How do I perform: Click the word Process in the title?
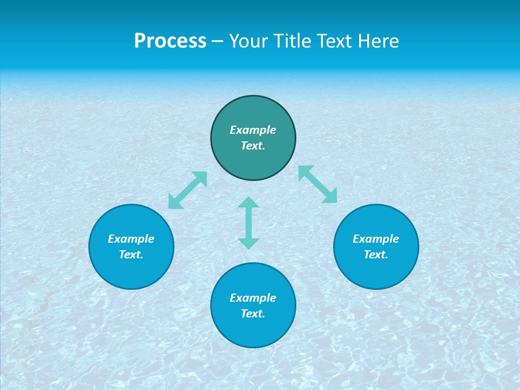point(170,41)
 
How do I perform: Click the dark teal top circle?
point(253,111)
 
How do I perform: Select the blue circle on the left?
point(131,271)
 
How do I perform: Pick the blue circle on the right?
point(376,271)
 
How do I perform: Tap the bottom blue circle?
point(253,330)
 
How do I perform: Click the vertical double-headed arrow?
point(249,223)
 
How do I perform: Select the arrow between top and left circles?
point(187,190)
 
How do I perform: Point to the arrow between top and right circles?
point(318,184)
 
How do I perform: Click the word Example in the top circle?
point(253,130)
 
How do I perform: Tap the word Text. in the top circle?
point(253,146)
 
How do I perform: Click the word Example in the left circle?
point(131,239)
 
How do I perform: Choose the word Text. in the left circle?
point(131,255)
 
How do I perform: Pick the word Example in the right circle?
point(376,239)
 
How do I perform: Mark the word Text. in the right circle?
point(376,255)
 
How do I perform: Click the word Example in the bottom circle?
point(253,298)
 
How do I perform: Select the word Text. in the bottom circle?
point(253,314)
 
